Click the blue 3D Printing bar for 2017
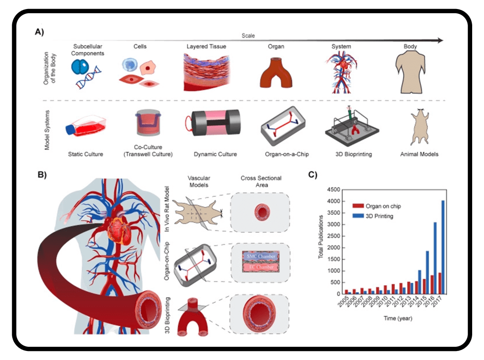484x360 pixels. click(x=442, y=247)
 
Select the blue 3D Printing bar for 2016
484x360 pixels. click(x=435, y=258)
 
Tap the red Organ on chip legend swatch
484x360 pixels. click(x=359, y=206)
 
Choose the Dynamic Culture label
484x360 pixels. click(x=215, y=154)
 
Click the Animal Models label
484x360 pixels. click(x=419, y=154)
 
